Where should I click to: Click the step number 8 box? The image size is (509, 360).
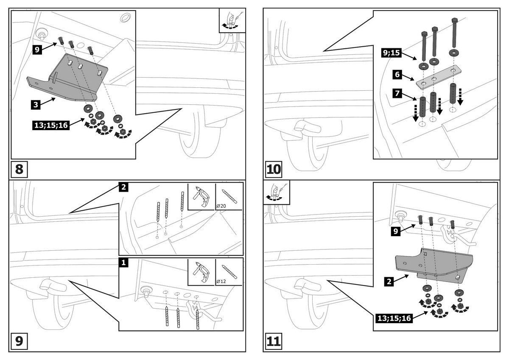point(20,169)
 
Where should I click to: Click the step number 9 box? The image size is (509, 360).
point(20,341)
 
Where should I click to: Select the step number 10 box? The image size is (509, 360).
point(274,169)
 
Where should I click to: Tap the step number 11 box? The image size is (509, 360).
point(274,341)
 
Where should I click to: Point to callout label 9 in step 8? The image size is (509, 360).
point(37,49)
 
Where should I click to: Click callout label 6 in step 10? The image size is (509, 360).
point(397,75)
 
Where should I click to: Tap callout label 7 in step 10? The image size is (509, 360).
point(397,93)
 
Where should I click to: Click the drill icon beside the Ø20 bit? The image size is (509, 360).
point(201,196)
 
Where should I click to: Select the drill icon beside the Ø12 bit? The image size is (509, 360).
point(201,271)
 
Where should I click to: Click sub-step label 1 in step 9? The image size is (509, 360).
point(123,263)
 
